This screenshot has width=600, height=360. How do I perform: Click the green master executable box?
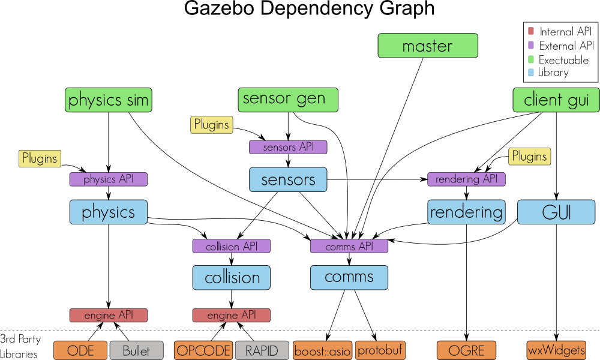428,46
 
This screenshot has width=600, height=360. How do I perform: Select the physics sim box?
108,100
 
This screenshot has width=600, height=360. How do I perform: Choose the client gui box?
556,100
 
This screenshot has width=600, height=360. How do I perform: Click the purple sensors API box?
288,147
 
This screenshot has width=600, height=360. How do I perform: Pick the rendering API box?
466,179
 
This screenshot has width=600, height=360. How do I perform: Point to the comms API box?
349,246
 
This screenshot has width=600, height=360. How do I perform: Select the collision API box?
231,246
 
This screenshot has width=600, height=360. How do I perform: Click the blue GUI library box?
556,212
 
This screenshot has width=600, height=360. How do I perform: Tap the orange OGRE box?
466,350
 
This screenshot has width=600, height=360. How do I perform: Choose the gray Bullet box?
136,350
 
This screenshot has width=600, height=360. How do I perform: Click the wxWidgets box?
556,350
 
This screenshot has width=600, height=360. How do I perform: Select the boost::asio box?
322,350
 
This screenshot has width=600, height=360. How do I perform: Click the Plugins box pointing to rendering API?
529,157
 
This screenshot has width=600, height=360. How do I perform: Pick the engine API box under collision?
231,315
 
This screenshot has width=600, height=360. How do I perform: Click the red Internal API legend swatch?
530,31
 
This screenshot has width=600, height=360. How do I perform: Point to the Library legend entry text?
553,73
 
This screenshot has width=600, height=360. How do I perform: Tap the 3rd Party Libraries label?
20,347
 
